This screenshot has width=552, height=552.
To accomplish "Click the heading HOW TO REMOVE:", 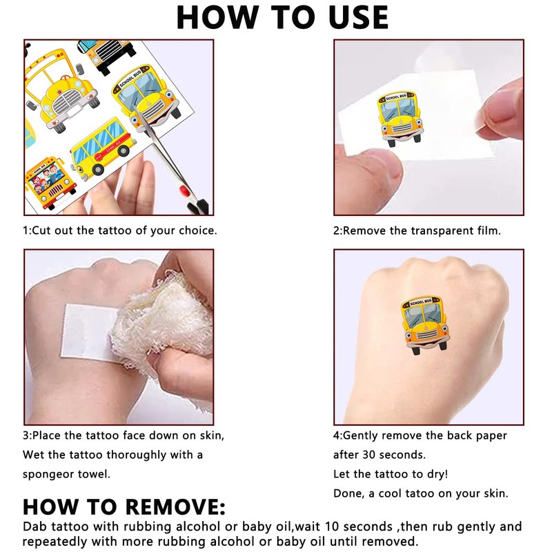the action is click(x=124, y=507).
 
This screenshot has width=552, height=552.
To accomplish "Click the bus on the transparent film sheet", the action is click(x=400, y=119).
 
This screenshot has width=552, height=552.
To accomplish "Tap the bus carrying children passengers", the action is click(x=50, y=182).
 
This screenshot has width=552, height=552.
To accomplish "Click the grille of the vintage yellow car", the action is click(x=68, y=101).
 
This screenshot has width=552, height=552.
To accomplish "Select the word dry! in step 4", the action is click(x=437, y=474).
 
